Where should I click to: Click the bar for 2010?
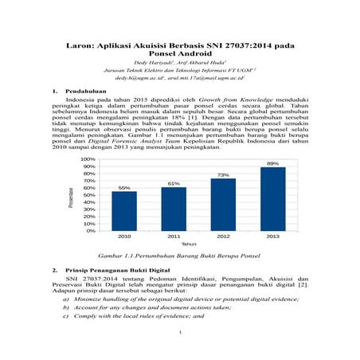[124, 211]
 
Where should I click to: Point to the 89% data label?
[272, 163]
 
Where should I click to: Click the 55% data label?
[124, 188]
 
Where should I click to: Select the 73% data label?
[223, 174]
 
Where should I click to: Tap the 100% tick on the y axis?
[88, 159]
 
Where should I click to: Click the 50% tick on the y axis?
[88, 195]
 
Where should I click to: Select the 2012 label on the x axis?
[223, 237]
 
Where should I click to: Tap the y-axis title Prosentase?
[72, 197]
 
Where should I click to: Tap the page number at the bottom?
[181, 332]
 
